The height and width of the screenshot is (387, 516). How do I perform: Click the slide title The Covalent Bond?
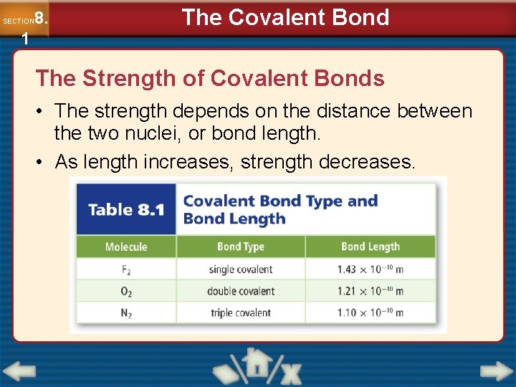tap(285, 17)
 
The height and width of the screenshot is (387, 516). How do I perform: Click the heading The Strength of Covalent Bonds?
tap(210, 78)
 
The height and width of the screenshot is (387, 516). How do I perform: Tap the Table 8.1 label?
tap(126, 210)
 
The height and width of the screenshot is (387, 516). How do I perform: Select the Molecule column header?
tap(126, 247)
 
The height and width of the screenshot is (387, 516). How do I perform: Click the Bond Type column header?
tap(241, 247)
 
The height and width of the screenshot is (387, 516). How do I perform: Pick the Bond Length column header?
tap(371, 247)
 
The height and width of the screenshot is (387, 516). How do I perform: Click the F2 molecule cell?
tap(126, 270)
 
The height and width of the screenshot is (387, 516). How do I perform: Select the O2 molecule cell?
tap(126, 292)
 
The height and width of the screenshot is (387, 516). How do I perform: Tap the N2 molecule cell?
tap(126, 313)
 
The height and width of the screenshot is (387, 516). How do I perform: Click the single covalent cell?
tap(241, 270)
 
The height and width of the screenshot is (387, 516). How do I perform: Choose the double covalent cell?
tap(241, 292)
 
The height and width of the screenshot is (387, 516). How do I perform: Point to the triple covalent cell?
tap(241, 313)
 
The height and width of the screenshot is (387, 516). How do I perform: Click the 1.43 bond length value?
tap(371, 270)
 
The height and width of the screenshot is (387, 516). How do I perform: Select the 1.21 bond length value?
tap(371, 292)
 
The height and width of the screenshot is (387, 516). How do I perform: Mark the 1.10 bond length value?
tap(371, 313)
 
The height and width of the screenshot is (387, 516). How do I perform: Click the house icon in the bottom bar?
tap(254, 365)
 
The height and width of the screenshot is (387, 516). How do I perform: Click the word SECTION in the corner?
tap(17, 21)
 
